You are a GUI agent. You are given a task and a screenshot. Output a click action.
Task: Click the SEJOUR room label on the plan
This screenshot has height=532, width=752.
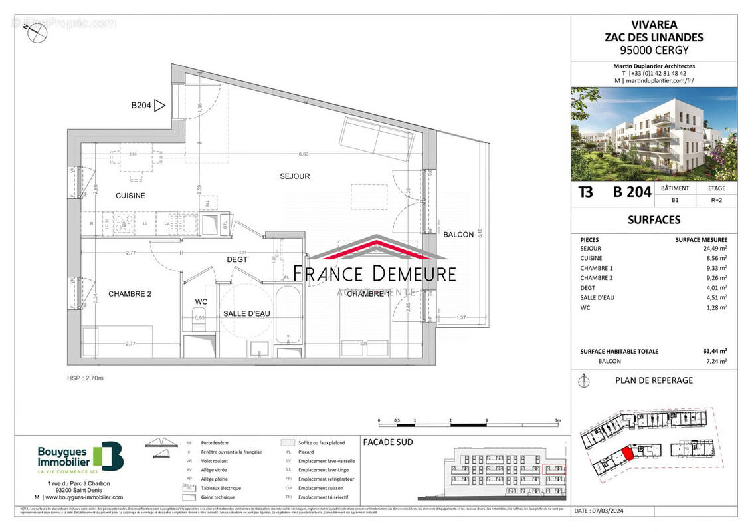coord(295,176)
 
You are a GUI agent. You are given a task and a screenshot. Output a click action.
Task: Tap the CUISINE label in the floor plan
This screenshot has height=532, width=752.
coord(130,196)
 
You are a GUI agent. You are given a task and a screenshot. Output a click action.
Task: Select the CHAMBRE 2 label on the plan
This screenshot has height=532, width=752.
coord(130,293)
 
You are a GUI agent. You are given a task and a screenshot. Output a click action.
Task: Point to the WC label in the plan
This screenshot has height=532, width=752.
coord(201,302)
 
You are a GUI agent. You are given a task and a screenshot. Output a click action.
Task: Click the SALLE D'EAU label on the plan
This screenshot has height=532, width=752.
coord(245,313)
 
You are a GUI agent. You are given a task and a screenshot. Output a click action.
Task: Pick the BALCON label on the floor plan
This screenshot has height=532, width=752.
coord(458,234)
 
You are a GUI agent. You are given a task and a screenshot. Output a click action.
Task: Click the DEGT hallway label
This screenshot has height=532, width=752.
coord(237,259)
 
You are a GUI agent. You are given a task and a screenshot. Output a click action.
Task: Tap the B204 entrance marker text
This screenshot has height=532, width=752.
coord(141,105)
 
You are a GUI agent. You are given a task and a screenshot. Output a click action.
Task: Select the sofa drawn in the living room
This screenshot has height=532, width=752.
coord(377,136)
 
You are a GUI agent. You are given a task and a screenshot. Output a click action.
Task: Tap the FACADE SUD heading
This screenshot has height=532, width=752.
coord(388,442)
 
